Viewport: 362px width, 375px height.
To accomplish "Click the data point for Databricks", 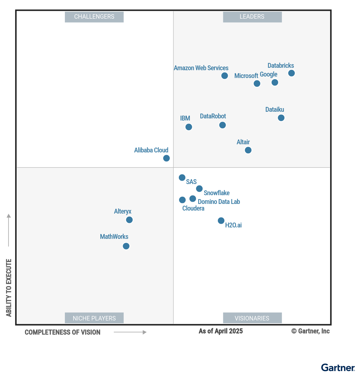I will point(291,73).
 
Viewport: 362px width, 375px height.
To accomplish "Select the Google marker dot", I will point(275,82).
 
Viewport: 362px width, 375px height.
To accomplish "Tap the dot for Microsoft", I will point(257,83).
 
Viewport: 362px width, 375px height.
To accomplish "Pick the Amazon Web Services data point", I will point(224,76).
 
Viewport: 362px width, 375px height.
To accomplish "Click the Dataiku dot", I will point(281,118).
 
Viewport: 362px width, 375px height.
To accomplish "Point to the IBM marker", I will point(189,127).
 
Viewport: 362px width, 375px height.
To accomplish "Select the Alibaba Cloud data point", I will point(166,158).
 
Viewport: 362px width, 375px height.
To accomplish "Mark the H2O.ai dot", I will point(221,221).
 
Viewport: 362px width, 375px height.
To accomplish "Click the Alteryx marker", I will point(129,220).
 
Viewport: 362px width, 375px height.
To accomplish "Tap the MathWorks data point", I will point(126,246).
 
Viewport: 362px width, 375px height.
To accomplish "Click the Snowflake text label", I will point(217,193).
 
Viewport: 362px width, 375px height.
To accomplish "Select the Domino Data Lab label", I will point(219,202).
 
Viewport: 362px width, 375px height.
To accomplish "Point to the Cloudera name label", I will point(193,208).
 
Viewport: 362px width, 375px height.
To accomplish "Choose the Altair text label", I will point(243,142).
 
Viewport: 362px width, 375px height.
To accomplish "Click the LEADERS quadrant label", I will point(252,17).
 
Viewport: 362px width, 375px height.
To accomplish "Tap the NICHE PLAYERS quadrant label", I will point(94,318).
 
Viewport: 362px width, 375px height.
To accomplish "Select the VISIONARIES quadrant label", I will point(252,318).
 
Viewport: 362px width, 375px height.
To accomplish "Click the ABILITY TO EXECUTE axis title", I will point(9,288).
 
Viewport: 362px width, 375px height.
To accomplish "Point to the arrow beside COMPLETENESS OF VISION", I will point(130,332).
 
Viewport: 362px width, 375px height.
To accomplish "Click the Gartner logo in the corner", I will point(338,368).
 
